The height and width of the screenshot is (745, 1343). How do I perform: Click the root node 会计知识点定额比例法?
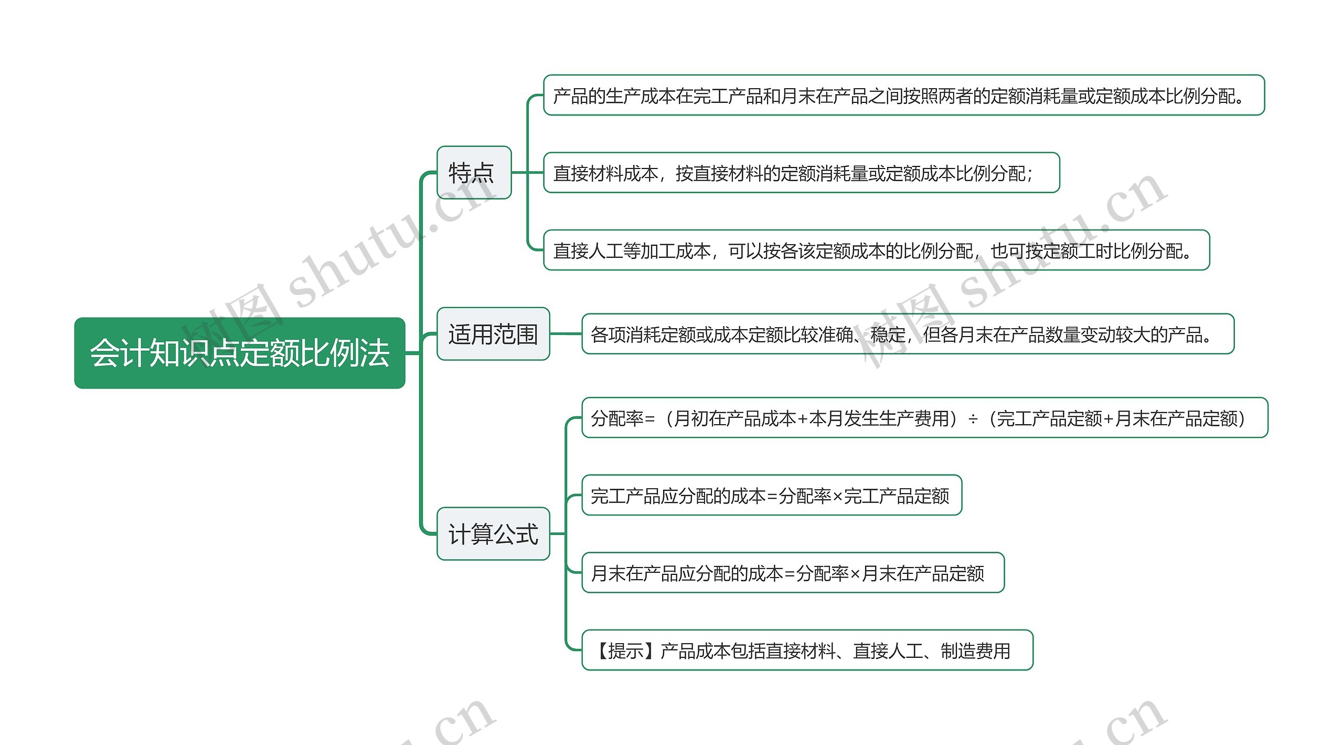click(x=240, y=353)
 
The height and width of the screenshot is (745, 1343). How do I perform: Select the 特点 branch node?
click(x=474, y=172)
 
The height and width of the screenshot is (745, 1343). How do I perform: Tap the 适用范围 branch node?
click(x=493, y=334)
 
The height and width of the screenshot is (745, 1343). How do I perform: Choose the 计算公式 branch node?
click(x=493, y=533)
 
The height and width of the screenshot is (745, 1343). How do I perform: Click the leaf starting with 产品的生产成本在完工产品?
click(x=904, y=95)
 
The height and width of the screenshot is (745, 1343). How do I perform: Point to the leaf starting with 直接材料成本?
click(x=802, y=173)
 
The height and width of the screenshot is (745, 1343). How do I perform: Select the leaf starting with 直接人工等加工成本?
click(x=877, y=250)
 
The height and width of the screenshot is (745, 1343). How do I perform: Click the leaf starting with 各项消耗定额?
click(x=908, y=334)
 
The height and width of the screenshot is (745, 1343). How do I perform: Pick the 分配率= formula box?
click(x=925, y=417)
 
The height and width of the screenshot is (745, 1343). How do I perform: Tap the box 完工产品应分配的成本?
click(x=772, y=495)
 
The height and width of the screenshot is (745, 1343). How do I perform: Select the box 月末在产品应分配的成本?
click(x=793, y=572)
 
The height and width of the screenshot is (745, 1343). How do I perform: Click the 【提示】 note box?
click(x=807, y=650)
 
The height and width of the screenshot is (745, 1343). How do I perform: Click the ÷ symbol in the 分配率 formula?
click(x=973, y=419)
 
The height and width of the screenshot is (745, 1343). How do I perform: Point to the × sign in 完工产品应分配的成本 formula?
click(x=838, y=497)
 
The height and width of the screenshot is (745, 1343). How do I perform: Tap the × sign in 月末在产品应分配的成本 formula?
click(x=855, y=574)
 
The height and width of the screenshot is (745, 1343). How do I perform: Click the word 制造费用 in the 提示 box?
click(x=976, y=651)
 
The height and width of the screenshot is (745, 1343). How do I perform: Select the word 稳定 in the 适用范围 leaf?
click(x=888, y=334)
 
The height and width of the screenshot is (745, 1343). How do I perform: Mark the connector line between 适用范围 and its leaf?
click(x=566, y=333)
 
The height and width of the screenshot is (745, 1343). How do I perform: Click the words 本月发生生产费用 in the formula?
click(x=879, y=418)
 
